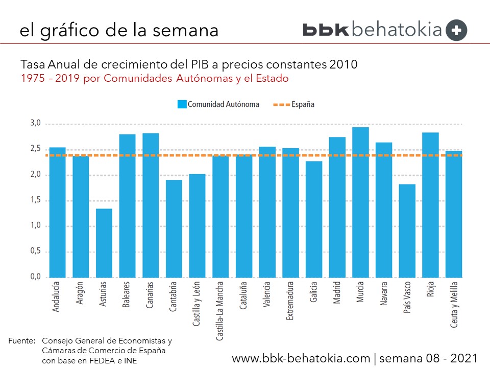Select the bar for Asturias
(x=104, y=243)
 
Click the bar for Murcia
(x=360, y=202)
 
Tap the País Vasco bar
(x=407, y=231)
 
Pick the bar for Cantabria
(x=174, y=228)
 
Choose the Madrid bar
(x=337, y=207)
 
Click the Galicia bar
(x=314, y=219)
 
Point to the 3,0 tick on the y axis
(x=36, y=124)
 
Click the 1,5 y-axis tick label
(x=36, y=200)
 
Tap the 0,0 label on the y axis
(x=36, y=277)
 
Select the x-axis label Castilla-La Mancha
(x=220, y=310)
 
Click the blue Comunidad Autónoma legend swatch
(x=182, y=104)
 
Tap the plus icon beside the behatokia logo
(x=456, y=30)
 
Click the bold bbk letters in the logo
(x=326, y=30)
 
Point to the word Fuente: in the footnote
(x=22, y=340)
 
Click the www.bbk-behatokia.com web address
(x=301, y=357)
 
